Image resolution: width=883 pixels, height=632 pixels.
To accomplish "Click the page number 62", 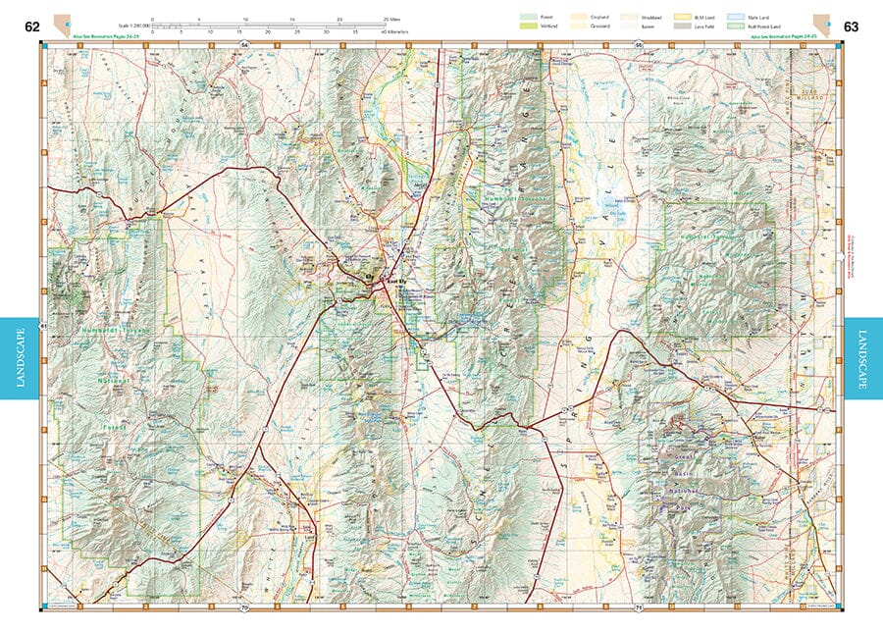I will point(32,26).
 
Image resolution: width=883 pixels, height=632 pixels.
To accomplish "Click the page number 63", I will point(851,26).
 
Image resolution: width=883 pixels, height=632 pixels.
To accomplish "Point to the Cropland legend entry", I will point(579,17).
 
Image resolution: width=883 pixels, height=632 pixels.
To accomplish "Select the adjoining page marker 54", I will point(244,45).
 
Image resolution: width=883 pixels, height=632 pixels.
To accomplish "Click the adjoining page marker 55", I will point(639,45).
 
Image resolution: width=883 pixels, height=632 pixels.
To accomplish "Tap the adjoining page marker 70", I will point(244,609).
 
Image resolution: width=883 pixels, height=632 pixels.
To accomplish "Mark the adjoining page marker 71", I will point(639,609).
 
